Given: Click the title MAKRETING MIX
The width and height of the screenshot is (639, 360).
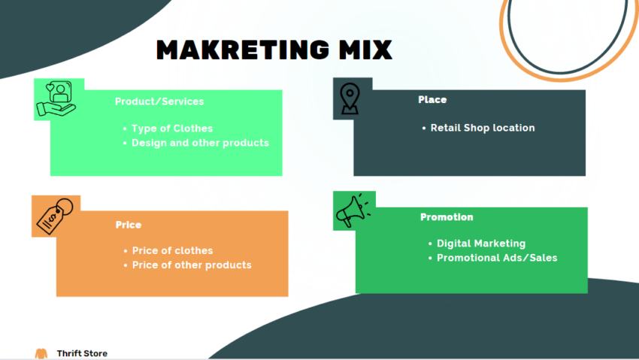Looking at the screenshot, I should tap(274, 50).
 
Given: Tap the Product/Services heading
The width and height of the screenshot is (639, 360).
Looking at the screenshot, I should tap(159, 101).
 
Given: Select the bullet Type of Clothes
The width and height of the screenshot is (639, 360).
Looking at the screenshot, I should tap(172, 129).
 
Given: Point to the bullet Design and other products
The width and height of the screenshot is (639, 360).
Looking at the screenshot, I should tap(200, 143).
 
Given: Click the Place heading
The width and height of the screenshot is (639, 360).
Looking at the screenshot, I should tap(432, 99).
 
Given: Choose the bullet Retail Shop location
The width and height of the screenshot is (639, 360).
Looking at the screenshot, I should tap(483, 128).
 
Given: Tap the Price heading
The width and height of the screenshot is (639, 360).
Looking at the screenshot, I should tap(129, 225).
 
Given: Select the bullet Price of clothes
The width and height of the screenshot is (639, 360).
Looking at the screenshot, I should tap(172, 250).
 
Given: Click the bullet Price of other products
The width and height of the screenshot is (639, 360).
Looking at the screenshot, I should tap(192, 265).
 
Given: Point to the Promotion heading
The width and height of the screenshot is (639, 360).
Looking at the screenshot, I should tap(447, 217).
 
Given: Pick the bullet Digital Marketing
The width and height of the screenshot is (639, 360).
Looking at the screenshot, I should tap(481, 244).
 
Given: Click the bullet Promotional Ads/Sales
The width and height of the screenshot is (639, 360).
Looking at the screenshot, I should tap(497, 258).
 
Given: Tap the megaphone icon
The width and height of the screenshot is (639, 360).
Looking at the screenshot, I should tap(353, 210).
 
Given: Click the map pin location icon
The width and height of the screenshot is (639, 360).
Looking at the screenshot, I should tap(348, 99).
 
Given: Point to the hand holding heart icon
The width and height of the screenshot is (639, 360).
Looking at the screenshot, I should tap(56, 100).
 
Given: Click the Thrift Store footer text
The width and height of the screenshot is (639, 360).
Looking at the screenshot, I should tap(82, 353).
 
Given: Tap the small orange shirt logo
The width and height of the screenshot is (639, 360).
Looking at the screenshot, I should tap(41, 353).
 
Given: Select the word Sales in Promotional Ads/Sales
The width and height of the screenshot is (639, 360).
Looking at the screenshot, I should tap(542, 258).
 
